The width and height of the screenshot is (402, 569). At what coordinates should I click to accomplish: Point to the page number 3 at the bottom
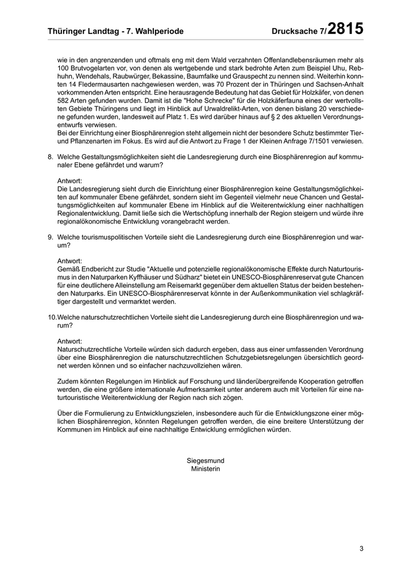[x=362, y=548]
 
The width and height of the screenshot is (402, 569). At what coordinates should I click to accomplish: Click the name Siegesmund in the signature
[x=206, y=460]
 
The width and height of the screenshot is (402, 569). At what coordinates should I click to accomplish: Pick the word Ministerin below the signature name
[x=206, y=468]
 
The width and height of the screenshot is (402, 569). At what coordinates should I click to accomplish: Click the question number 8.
[x=51, y=157]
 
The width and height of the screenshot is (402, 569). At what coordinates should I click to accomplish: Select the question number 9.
[x=51, y=237]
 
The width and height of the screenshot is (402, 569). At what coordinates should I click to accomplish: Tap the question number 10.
[x=52, y=317]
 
